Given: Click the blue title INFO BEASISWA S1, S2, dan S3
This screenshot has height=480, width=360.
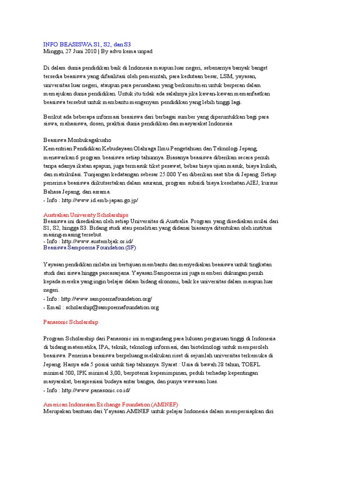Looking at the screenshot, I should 87,44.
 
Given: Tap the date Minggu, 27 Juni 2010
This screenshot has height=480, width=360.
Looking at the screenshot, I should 70,51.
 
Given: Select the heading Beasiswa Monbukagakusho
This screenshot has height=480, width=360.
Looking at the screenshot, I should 77,140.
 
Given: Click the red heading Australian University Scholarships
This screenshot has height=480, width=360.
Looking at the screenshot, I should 86,214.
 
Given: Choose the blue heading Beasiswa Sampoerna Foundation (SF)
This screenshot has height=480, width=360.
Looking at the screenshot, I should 90,247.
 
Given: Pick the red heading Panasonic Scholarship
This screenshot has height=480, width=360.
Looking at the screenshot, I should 71,322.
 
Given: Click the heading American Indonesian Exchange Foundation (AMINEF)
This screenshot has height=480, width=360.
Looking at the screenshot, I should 111,405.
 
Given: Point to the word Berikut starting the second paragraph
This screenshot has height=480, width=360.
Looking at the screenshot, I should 53,117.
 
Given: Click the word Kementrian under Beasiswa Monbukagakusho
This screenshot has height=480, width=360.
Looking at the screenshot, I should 60,149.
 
